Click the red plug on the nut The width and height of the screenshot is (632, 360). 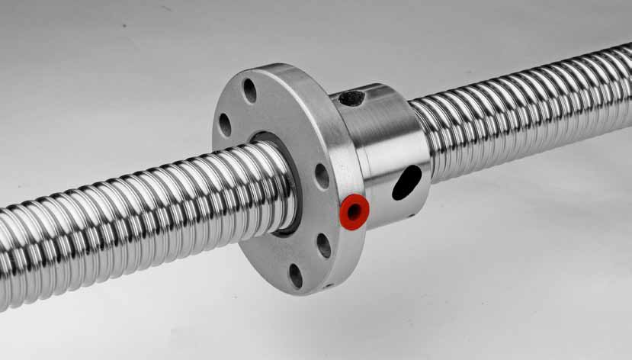[x=354, y=211]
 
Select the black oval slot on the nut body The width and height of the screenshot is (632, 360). [x=406, y=182]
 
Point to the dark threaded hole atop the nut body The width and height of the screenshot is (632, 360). [x=351, y=98]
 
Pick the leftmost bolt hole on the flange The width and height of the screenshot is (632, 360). [x=225, y=124]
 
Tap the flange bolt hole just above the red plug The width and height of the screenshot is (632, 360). [x=322, y=176]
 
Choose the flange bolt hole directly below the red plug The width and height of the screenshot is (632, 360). [x=324, y=245]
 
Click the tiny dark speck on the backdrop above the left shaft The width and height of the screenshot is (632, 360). [x=123, y=24]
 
